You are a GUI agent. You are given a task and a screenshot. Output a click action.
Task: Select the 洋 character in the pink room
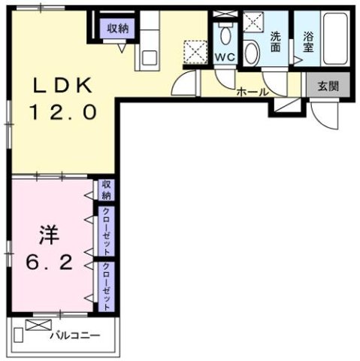47,235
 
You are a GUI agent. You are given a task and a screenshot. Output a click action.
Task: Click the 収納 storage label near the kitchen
116,29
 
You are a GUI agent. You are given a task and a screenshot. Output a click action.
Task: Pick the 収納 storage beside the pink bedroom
107,189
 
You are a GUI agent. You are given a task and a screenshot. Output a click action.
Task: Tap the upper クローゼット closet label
107,230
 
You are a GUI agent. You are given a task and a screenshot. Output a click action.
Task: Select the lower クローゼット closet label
107,287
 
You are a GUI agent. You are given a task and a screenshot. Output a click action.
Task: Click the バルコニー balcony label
75,335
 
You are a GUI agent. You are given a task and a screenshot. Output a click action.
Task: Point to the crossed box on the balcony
36,325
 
